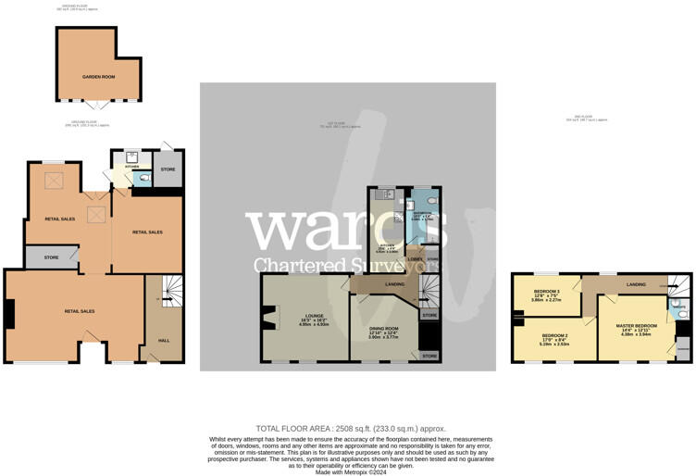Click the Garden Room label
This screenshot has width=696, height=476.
tap(98, 76)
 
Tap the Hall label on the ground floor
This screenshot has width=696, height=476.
tap(164, 339)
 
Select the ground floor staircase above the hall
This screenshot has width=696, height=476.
tap(172, 291)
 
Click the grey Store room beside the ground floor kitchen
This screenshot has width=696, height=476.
tap(168, 169)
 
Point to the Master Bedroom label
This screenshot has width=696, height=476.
tap(636, 326)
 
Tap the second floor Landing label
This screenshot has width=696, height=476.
tap(635, 283)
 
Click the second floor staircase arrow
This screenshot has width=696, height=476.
tap(679, 285)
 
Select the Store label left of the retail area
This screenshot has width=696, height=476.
tap(51, 258)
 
